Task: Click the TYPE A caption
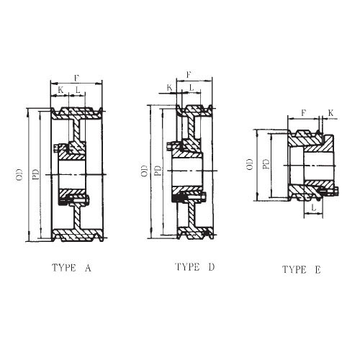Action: pos(71,269)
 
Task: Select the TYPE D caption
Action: pos(194,267)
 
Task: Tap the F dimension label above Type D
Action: pos(189,74)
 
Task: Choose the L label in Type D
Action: pos(190,88)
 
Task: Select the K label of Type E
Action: pos(330,112)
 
